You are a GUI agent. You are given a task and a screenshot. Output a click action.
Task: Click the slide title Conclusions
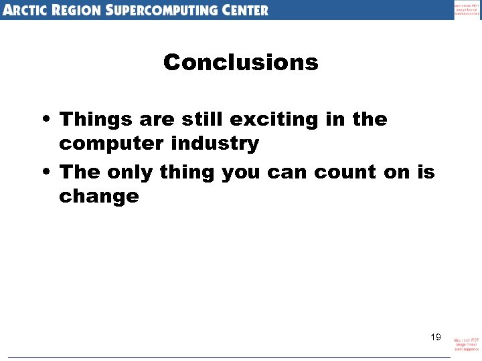pos(240,63)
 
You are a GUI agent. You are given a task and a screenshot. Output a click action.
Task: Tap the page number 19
pos(435,337)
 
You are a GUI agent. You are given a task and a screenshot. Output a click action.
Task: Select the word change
pos(98,197)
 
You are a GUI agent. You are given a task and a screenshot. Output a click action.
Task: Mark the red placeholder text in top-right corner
pos(467,9)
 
